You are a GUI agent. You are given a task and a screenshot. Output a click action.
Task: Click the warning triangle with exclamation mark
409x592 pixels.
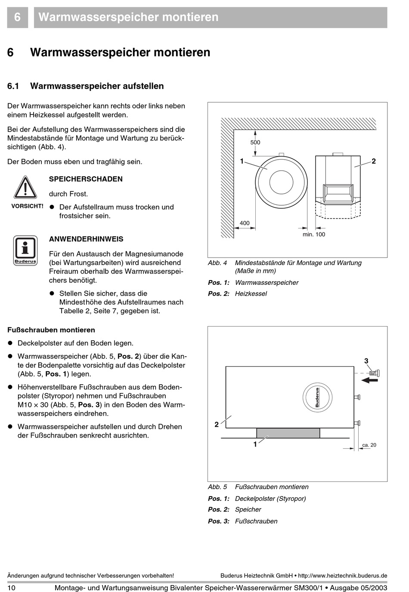click(25, 188)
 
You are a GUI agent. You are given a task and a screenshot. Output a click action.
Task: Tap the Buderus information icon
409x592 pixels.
click(25, 250)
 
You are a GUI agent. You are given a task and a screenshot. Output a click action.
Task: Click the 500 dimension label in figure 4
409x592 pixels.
click(255, 142)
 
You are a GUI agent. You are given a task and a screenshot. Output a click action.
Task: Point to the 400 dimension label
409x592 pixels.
click(245, 223)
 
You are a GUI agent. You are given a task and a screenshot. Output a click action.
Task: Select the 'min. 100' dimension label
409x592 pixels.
click(314, 234)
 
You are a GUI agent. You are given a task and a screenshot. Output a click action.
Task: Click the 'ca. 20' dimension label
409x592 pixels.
click(369, 445)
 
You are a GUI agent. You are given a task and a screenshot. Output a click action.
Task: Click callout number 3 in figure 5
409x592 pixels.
click(366, 361)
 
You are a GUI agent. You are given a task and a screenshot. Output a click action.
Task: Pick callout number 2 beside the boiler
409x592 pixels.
click(374, 161)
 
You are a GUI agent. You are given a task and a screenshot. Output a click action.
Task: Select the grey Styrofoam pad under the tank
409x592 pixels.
click(288, 433)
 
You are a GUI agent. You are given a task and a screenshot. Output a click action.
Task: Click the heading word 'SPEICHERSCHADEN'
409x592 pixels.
click(86, 179)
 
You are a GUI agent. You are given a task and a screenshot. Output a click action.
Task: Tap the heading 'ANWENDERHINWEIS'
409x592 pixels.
click(86, 239)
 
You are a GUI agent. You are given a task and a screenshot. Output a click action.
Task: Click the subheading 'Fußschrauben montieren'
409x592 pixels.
click(51, 330)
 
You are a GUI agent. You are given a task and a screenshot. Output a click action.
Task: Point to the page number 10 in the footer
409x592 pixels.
click(11, 588)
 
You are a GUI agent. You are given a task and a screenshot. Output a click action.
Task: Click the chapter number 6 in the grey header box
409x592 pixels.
click(17, 17)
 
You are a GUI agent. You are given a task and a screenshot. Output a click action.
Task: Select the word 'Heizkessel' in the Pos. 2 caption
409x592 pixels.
click(251, 294)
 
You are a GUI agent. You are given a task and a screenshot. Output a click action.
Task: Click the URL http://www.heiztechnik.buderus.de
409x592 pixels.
click(342, 576)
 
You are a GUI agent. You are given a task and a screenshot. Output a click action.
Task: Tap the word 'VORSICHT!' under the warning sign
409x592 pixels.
click(27, 206)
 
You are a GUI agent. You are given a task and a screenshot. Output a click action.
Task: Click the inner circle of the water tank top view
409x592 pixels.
click(281, 182)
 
